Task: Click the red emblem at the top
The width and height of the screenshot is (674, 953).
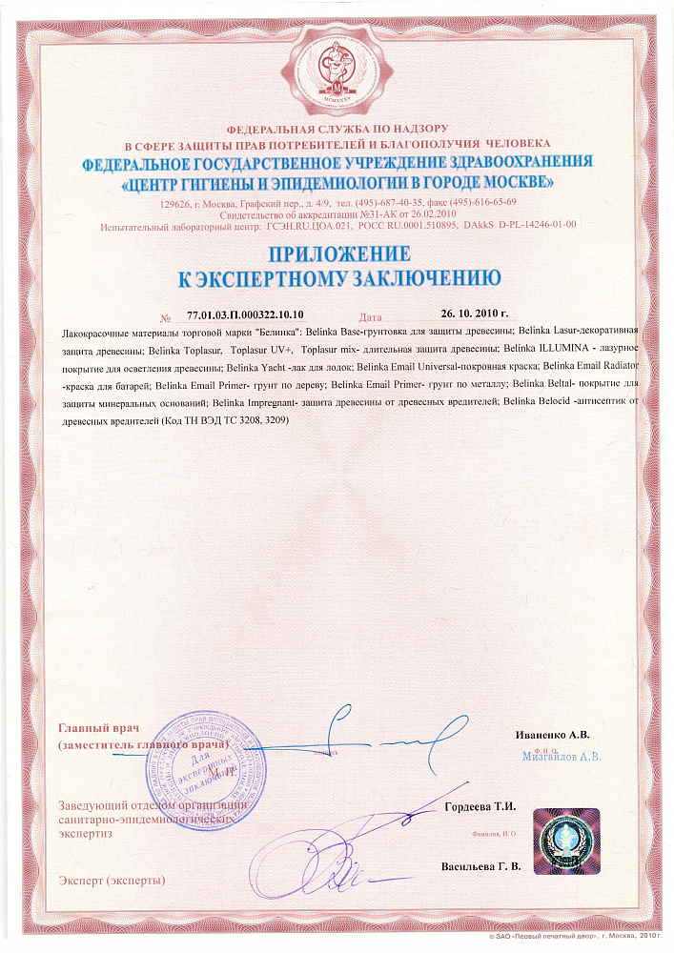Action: tap(337, 66)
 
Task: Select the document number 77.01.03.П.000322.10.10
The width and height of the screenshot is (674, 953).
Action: tap(245, 314)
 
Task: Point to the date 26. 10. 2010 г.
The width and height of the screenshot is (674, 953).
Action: tap(475, 314)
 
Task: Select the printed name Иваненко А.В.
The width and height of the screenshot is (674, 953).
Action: tap(551, 735)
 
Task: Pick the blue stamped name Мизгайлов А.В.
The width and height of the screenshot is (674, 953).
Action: tap(562, 758)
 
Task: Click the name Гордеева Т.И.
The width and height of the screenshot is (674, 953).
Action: tap(480, 806)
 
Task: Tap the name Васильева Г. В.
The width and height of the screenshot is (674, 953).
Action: tap(481, 866)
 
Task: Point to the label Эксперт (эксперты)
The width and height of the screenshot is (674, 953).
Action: tap(112, 879)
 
